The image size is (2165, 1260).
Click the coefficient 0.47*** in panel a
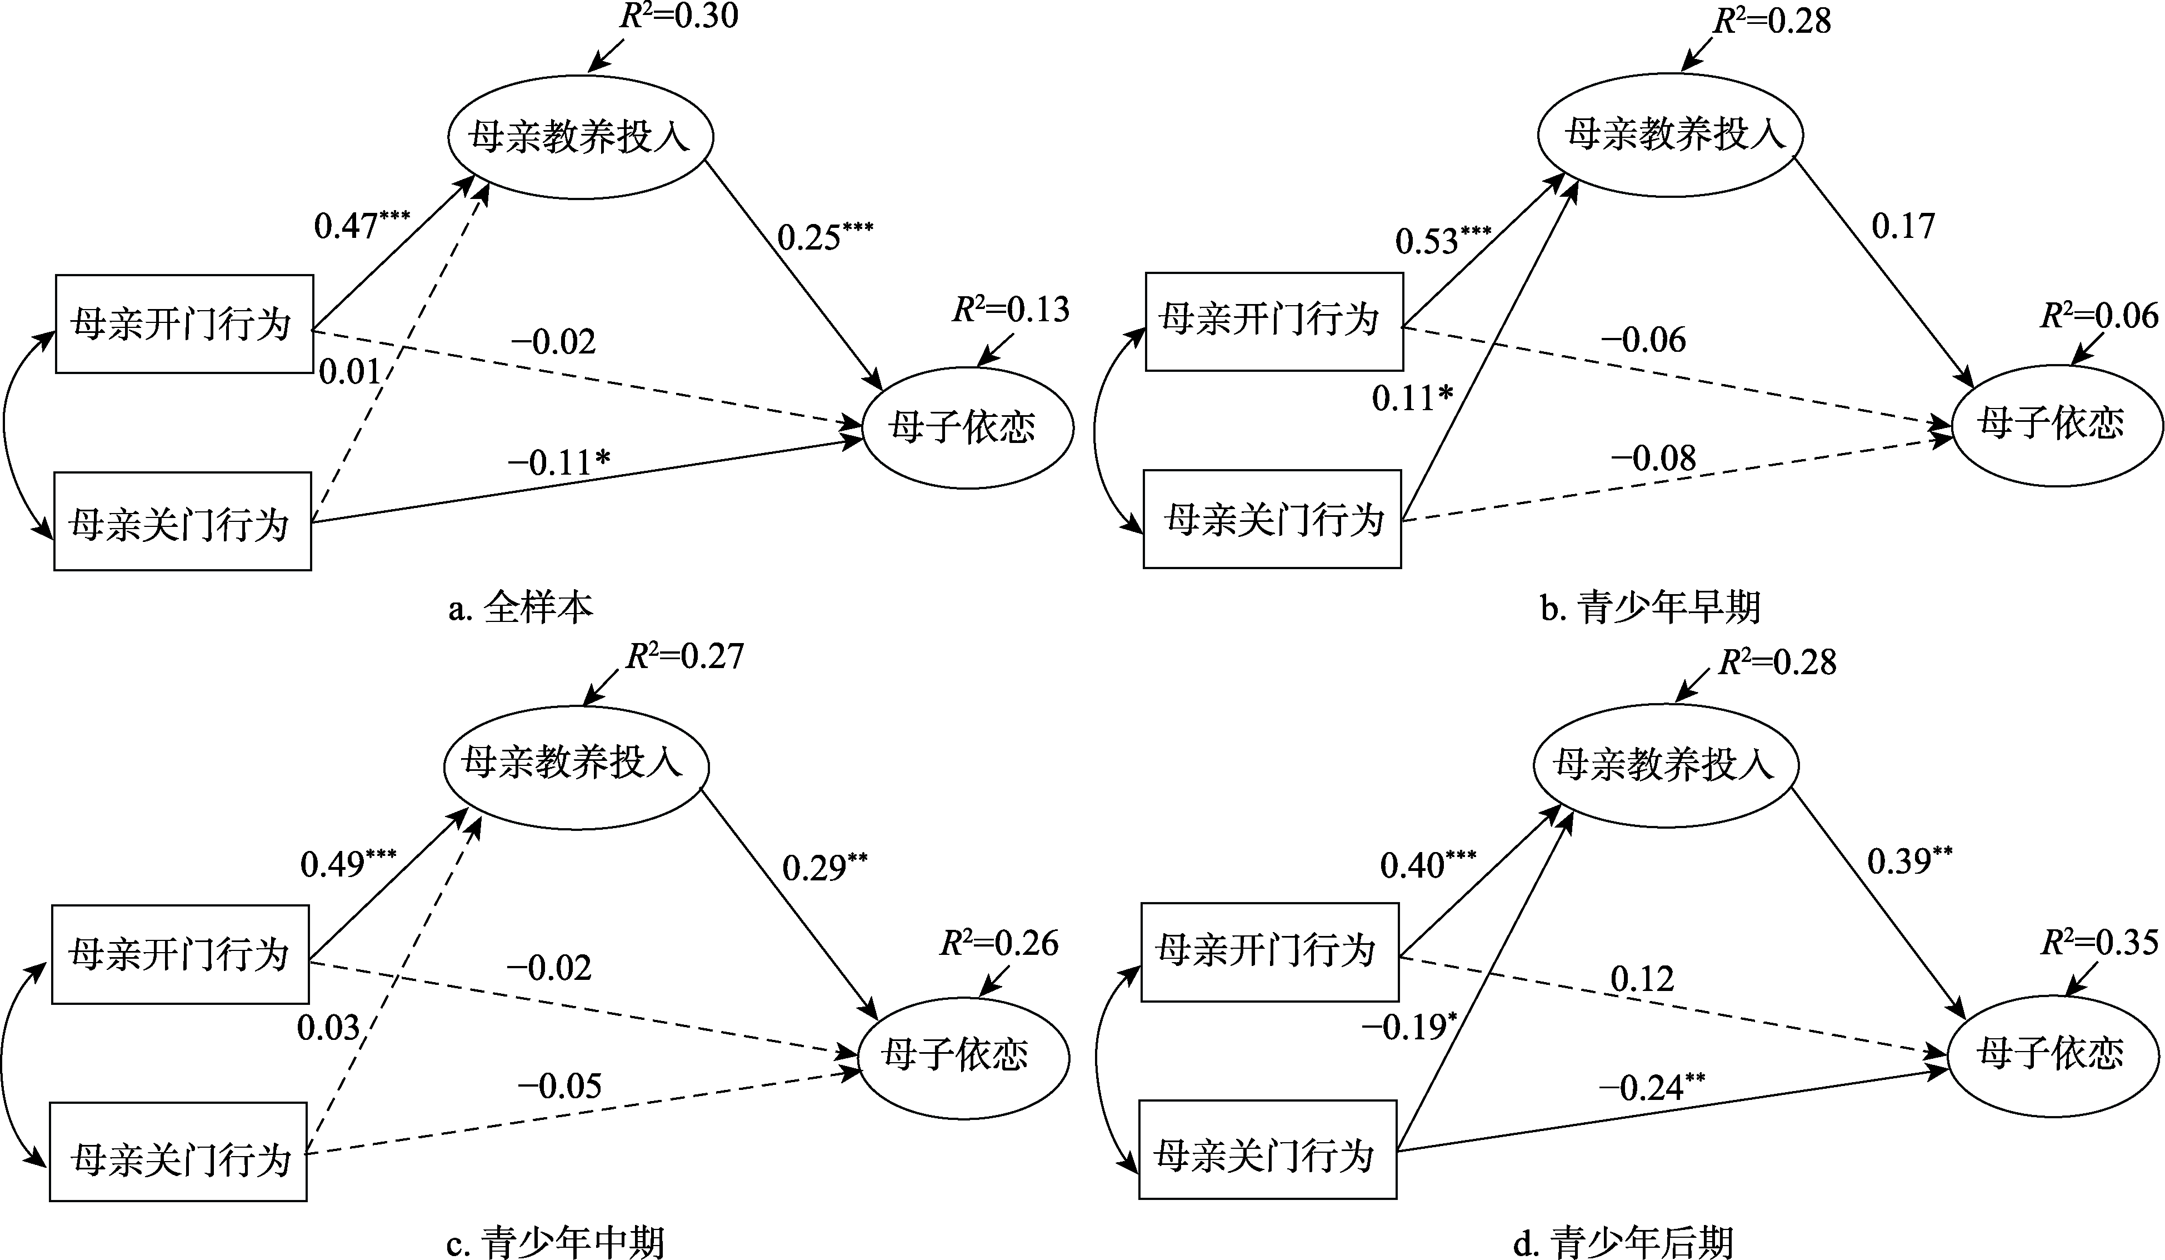361,225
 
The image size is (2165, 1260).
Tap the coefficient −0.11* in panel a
558,462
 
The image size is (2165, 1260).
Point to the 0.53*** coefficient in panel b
1442,241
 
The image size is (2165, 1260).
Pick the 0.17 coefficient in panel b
1903,226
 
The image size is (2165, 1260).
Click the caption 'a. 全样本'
521,607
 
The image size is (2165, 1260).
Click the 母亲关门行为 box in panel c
179,1152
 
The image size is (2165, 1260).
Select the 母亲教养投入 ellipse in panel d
1665,765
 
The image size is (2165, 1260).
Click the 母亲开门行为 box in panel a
184,324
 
